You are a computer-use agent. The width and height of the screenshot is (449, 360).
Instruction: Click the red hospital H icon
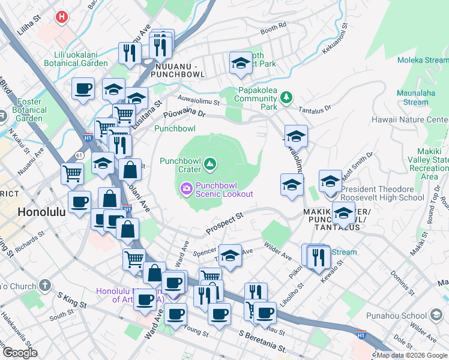61,17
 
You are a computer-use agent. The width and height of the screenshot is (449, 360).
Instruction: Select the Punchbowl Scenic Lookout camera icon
187,189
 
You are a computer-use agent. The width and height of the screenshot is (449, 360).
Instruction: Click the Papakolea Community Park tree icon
287,97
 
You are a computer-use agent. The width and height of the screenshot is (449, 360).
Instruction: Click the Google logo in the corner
20,352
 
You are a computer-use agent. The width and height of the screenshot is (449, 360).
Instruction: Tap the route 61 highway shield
79,155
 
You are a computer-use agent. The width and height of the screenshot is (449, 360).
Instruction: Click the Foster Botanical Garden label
29,110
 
